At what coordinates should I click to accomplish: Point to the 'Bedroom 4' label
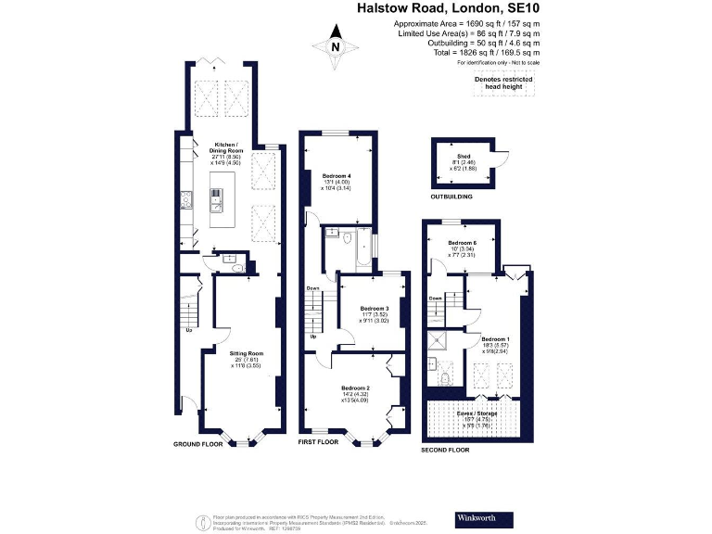(337, 175)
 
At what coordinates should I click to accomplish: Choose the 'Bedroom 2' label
(355, 388)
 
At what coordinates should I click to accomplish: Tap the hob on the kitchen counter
(216, 195)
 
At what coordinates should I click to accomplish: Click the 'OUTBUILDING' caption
(451, 197)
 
